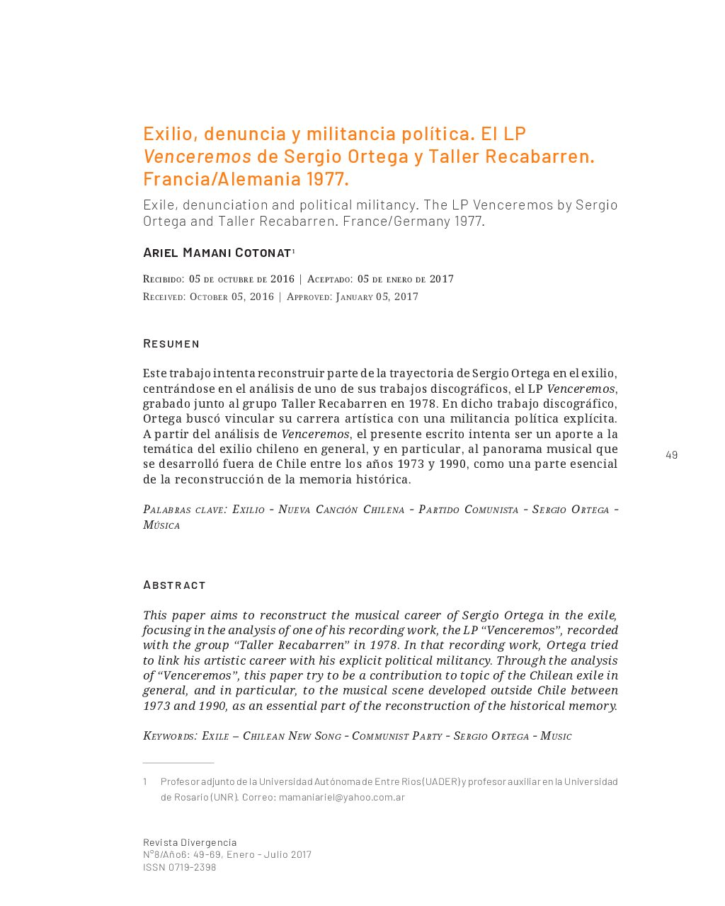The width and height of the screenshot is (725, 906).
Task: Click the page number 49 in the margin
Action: (x=671, y=455)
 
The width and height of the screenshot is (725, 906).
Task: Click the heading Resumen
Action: (x=171, y=343)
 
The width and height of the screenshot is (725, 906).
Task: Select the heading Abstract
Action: (x=174, y=585)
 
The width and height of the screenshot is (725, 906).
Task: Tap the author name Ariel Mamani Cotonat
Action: (x=217, y=253)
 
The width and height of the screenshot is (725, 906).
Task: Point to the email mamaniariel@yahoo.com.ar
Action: (x=342, y=797)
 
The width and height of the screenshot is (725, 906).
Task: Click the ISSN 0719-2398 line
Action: (x=179, y=867)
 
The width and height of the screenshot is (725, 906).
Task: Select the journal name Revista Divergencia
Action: (x=190, y=842)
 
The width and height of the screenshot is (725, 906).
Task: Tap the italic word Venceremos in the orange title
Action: (x=197, y=156)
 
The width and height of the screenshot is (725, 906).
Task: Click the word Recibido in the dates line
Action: (x=164, y=279)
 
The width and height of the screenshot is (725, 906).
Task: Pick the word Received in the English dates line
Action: (x=164, y=297)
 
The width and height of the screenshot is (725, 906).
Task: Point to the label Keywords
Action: (x=169, y=736)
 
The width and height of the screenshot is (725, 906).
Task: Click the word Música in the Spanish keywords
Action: (x=161, y=525)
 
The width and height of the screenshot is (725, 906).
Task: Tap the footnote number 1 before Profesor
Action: (x=145, y=781)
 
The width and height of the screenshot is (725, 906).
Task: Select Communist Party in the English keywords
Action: (x=396, y=736)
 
